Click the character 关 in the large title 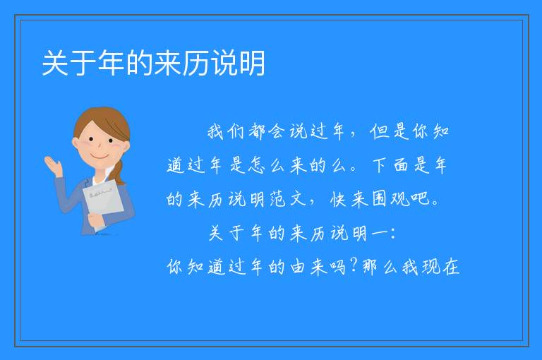pyautogui.click(x=55, y=63)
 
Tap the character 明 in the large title pyautogui.click(x=253, y=63)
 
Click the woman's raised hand pyautogui.click(x=54, y=166)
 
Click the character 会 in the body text pyautogui.click(x=277, y=131)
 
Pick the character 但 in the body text pyautogui.click(x=379, y=131)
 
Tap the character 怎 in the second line pyautogui.click(x=256, y=165)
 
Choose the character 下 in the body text pyautogui.click(x=379, y=165)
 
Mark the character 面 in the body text pyautogui.click(x=401, y=165)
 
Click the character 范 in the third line pyautogui.click(x=277, y=199)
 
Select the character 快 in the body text pyautogui.click(x=338, y=199)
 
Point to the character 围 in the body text pyautogui.click(x=380, y=199)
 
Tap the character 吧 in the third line pyautogui.click(x=420, y=198)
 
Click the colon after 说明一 pyautogui.click(x=392, y=234)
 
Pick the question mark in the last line pyautogui.click(x=354, y=265)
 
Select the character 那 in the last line pyautogui.click(x=371, y=267)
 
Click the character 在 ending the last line pyautogui.click(x=451, y=267)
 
